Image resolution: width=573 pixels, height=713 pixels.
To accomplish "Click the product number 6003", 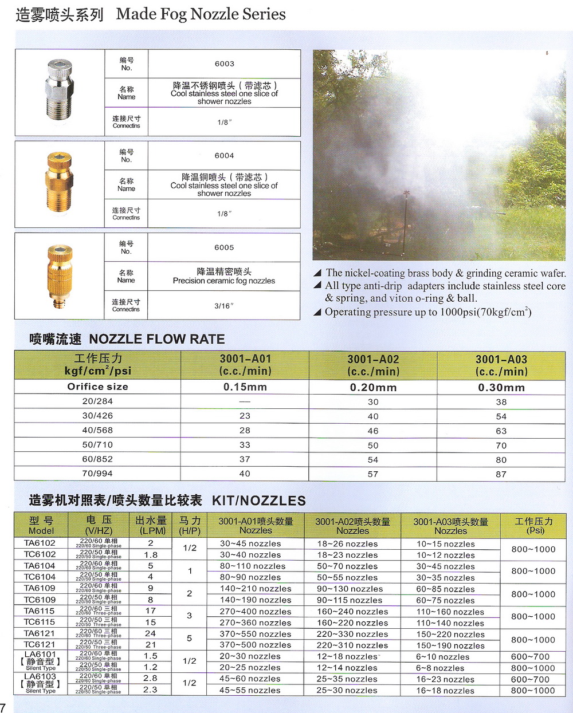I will [224, 64].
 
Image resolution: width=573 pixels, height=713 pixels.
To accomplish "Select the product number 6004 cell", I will [224, 156].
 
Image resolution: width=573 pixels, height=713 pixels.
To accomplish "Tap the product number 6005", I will [224, 247].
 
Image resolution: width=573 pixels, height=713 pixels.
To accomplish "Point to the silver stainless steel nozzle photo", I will [58, 92].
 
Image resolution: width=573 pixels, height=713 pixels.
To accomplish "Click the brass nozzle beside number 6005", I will [59, 275].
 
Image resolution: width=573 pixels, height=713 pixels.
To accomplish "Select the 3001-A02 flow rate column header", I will [373, 365].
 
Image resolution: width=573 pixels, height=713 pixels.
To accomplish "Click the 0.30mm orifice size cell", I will [501, 388].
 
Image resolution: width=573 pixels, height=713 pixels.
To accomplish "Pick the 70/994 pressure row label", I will [97, 474].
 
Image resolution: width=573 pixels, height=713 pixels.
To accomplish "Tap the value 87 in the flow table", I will [501, 474].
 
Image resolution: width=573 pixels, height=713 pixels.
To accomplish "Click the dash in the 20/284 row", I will [245, 401].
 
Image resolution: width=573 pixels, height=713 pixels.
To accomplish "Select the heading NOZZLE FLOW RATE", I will [156, 339].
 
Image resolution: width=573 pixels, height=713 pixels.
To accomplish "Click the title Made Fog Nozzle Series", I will [201, 14].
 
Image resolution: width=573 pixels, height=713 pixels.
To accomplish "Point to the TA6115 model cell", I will [40, 611].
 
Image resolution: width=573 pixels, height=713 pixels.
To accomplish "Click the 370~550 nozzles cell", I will [256, 634].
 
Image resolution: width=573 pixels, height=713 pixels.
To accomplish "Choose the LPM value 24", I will [150, 633].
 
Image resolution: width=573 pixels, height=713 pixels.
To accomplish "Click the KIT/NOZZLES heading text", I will [258, 501].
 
